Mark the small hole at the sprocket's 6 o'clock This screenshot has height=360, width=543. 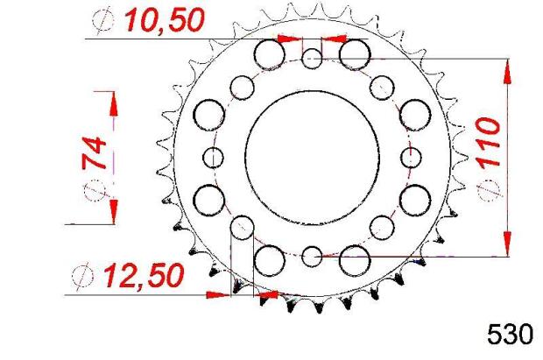[x=313, y=257]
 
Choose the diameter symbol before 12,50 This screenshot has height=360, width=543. [x=85, y=276]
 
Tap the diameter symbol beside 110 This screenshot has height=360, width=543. [x=487, y=193]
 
